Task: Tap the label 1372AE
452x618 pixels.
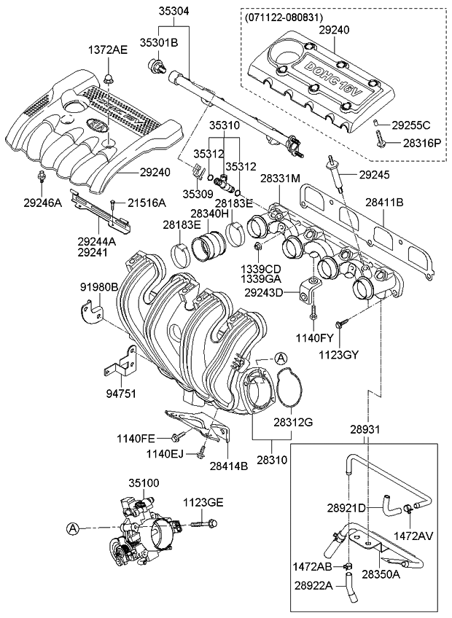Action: pos(108,50)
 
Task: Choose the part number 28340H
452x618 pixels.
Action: pos(209,214)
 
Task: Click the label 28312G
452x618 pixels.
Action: pos(293,422)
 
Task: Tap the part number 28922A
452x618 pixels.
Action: pos(313,585)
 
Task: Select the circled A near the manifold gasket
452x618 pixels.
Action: pos(281,357)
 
